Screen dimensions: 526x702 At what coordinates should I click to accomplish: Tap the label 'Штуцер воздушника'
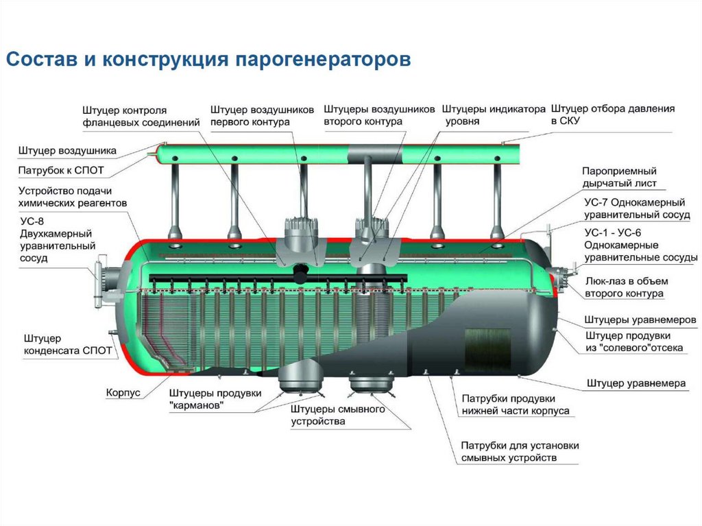67,150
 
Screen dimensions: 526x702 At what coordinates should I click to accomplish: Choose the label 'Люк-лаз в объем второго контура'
626,287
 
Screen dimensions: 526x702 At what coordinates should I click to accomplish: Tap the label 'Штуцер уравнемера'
636,383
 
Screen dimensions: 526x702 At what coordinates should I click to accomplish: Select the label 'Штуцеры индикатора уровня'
493,115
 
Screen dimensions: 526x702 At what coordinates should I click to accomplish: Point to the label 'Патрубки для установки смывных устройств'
520,451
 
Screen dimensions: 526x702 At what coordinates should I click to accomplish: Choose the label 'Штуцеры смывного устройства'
337,415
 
